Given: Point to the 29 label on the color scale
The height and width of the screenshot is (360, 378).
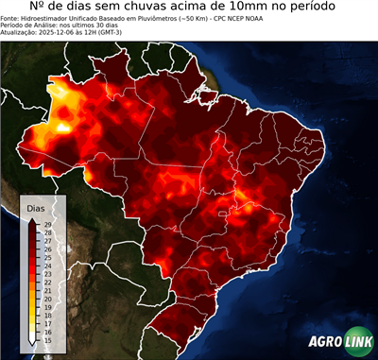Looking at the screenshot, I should click(46, 223).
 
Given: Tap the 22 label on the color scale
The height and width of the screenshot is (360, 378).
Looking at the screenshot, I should click(46, 282).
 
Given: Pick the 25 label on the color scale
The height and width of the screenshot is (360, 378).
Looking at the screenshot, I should click(46, 256).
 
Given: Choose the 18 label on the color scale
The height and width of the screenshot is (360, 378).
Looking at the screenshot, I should click(46, 316).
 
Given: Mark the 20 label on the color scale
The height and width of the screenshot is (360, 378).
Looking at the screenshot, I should click(46, 299).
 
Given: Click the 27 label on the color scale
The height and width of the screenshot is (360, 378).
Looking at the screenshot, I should click(46, 240).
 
